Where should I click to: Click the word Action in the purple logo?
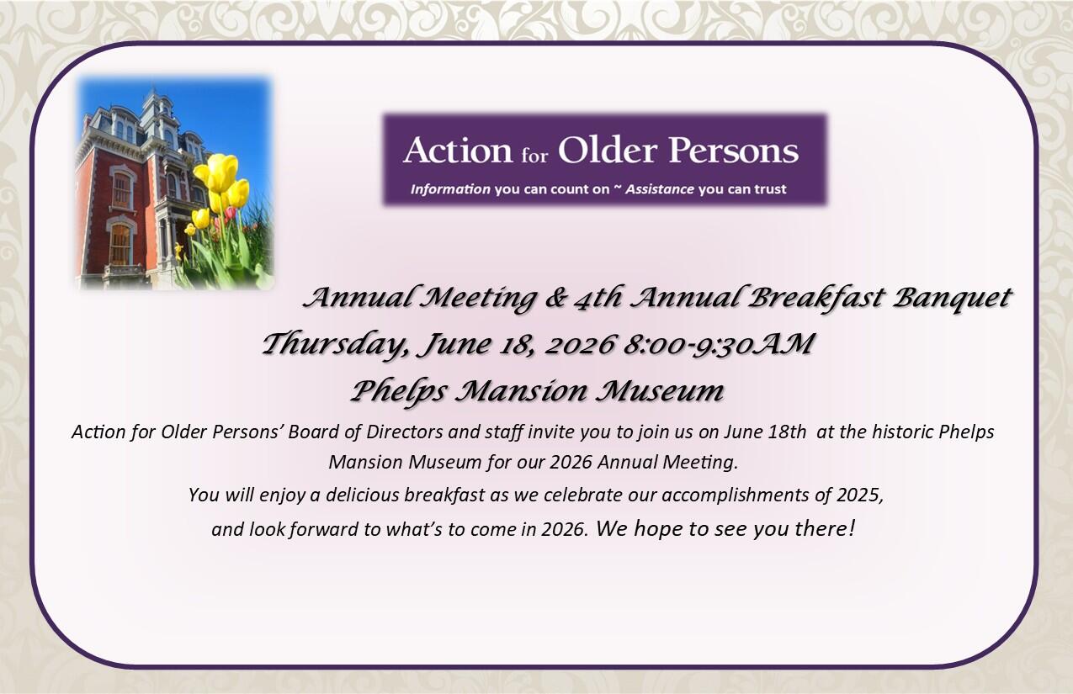[x=456, y=151]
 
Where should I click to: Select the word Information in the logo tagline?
[x=450, y=189]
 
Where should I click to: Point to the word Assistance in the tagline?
[x=659, y=189]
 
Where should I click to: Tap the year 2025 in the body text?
[x=859, y=495]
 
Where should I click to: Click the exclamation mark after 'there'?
[x=852, y=529]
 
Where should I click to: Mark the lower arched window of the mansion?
[x=120, y=244]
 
